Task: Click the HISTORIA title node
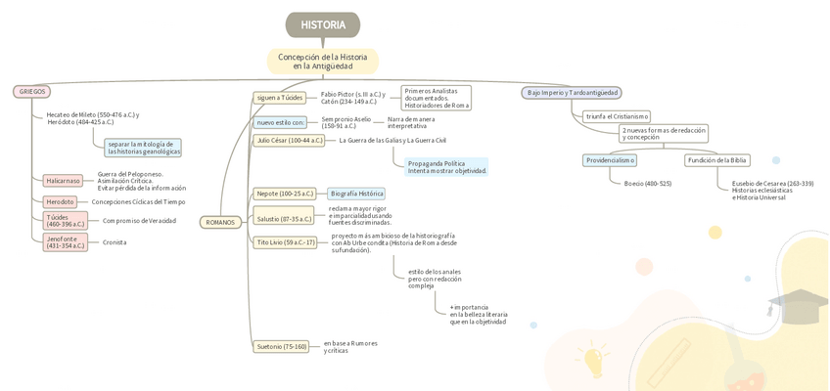click(323, 24)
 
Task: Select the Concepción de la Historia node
click(323, 62)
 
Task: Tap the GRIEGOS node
click(31, 92)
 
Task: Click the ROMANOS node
click(220, 222)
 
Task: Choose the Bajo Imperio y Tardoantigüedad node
click(572, 93)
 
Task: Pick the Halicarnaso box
click(63, 181)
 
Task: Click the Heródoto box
click(60, 202)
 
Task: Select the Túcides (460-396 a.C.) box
click(66, 221)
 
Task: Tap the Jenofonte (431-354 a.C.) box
click(66, 241)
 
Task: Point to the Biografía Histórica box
click(356, 194)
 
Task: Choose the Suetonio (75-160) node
click(282, 346)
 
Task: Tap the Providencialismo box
click(610, 160)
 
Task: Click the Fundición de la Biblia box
click(717, 160)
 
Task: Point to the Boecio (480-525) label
click(647, 184)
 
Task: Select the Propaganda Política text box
click(446, 167)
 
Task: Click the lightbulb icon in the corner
click(594, 359)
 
